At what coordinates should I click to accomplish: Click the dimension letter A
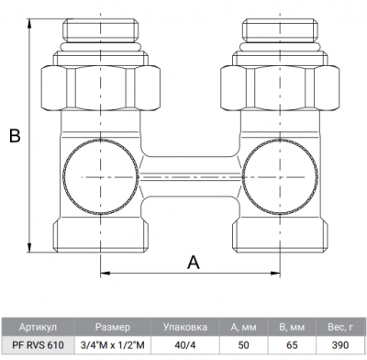(x=194, y=261)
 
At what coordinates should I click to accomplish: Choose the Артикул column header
(x=37, y=326)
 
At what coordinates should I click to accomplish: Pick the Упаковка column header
(x=183, y=326)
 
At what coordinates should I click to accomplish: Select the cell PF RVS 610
(x=37, y=345)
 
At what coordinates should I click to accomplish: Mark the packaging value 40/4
(x=183, y=345)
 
